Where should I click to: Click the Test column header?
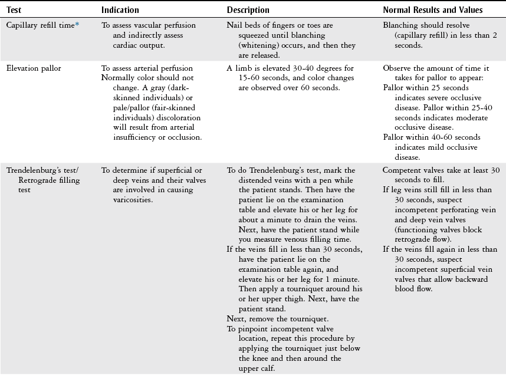click(14, 10)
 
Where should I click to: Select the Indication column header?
click(120, 10)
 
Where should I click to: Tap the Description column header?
click(248, 10)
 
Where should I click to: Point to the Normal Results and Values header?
click(432, 10)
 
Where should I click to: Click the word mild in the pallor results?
click(429, 147)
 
